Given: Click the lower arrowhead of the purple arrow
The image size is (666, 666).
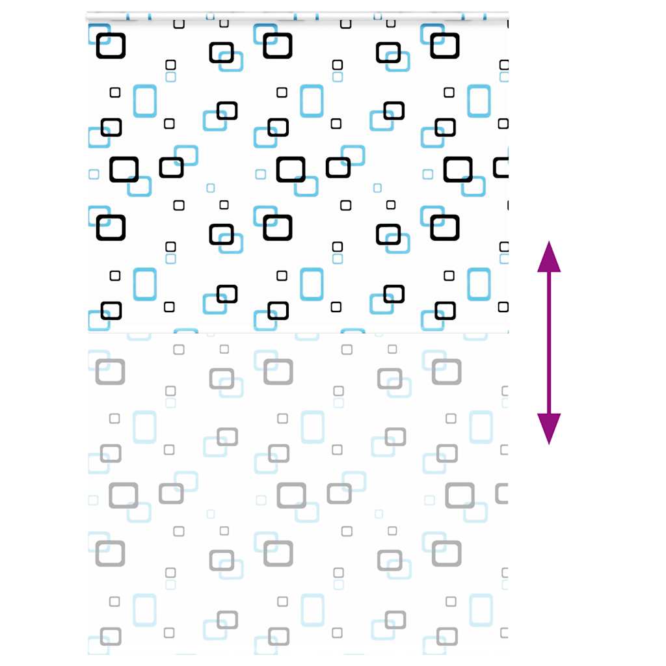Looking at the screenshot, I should click(x=549, y=429).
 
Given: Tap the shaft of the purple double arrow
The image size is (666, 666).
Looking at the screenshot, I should click(x=549, y=343).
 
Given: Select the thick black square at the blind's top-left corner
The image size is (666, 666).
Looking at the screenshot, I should click(x=111, y=46).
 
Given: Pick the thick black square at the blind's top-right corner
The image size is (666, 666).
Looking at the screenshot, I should click(x=445, y=46).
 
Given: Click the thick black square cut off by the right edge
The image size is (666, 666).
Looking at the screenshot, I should click(x=501, y=167).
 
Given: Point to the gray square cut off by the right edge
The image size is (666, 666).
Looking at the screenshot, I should click(x=502, y=493).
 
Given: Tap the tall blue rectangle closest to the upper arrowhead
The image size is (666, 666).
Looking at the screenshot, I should click(x=479, y=284).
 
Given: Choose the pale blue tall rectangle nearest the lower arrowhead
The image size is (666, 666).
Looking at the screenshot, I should click(x=481, y=427).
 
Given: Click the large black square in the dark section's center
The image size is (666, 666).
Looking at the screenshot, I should click(x=291, y=169).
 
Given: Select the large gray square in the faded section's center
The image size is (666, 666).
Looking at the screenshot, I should click(x=291, y=495).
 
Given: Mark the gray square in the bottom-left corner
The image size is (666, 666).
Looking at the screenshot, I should click(x=111, y=636).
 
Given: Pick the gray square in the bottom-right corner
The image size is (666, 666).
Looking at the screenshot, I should click(x=447, y=636).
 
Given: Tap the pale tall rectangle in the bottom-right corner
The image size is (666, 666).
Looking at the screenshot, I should click(x=481, y=610).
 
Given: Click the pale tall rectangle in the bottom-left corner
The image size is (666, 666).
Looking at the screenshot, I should click(x=145, y=610).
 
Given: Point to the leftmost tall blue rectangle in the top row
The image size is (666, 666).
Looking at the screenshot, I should click(x=145, y=101).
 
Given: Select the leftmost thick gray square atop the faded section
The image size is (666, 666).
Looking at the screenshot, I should click(x=110, y=371).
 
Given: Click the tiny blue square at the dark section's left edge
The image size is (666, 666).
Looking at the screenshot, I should click(x=94, y=174).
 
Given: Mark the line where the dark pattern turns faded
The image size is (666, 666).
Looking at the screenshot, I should click(x=298, y=333).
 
